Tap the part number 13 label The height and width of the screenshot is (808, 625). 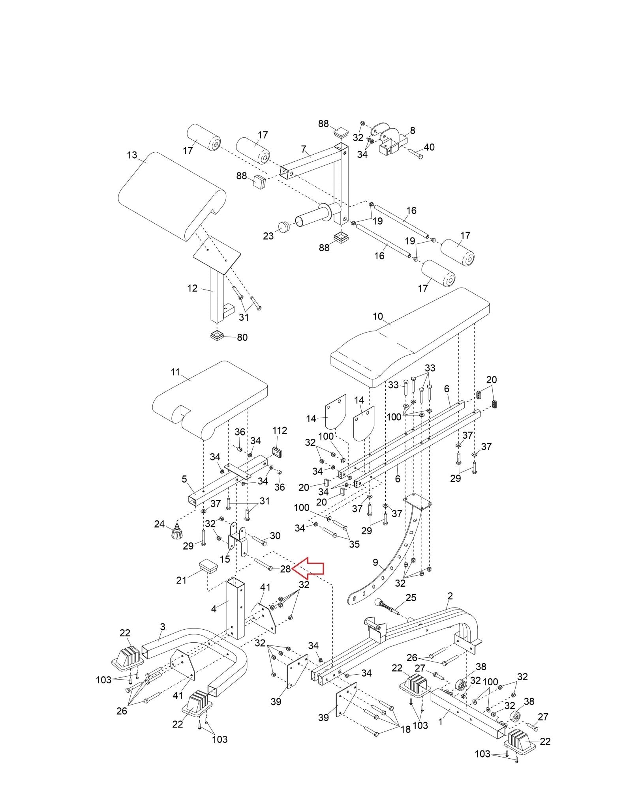pyautogui.click(x=132, y=155)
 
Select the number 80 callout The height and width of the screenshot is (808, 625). pyautogui.click(x=242, y=337)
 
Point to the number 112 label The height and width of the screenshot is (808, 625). pyautogui.click(x=280, y=430)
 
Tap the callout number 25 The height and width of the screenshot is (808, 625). pyautogui.click(x=411, y=609)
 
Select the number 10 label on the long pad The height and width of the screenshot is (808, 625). pyautogui.click(x=378, y=316)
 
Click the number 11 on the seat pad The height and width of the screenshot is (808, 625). pyautogui.click(x=175, y=372)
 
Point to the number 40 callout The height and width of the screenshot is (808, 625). pyautogui.click(x=429, y=147)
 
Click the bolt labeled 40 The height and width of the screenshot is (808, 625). pyautogui.click(x=415, y=154)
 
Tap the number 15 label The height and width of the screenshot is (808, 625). pyautogui.click(x=225, y=559)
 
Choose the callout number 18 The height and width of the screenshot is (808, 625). pyautogui.click(x=405, y=729)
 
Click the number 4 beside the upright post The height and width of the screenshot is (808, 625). pyautogui.click(x=214, y=620)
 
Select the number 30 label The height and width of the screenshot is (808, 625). pyautogui.click(x=275, y=535)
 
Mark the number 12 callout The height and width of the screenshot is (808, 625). pyautogui.click(x=192, y=288)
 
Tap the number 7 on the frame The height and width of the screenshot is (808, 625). pyautogui.click(x=304, y=149)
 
